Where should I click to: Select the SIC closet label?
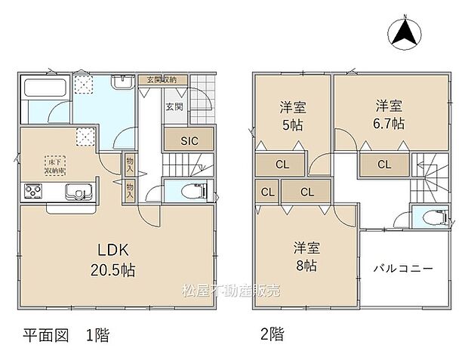pyautogui.click(x=189, y=140)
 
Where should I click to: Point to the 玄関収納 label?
pyautogui.click(x=161, y=80)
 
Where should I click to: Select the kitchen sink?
pyautogui.click(x=76, y=190)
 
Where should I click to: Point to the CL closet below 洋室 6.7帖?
pyautogui.click(x=384, y=164)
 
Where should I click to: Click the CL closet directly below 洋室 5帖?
pyautogui.click(x=281, y=164)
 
